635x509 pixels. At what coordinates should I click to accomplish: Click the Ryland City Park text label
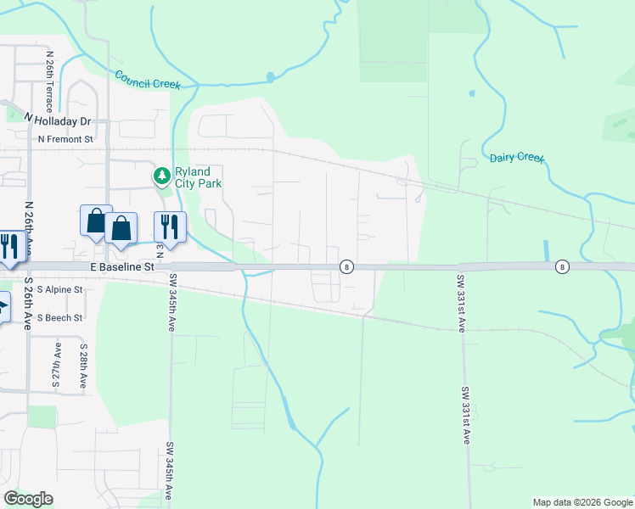(198, 176)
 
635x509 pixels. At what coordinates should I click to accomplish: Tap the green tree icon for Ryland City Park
(161, 176)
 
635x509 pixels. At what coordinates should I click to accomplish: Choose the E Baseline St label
(122, 266)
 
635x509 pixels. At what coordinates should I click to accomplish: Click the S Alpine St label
(53, 289)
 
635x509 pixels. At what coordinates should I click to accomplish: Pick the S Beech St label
(53, 318)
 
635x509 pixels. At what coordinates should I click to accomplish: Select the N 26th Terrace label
(50, 81)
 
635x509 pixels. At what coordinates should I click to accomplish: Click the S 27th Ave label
(57, 366)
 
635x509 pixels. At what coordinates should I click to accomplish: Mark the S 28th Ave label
(83, 366)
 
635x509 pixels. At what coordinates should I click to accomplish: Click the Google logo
(29, 499)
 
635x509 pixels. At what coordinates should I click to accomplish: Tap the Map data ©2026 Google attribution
(582, 502)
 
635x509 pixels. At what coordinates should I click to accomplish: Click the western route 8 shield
(346, 266)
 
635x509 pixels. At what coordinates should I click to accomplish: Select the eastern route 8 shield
(562, 266)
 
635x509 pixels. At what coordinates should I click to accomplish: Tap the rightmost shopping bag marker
(121, 228)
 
